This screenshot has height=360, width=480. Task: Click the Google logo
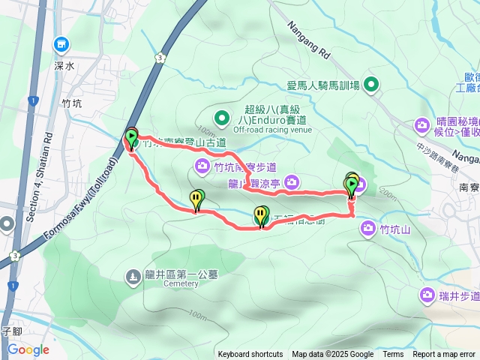coord(28,349)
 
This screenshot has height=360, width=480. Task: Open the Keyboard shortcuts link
coord(250,355)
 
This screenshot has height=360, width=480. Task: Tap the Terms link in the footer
coord(393,355)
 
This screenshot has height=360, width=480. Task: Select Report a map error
coord(445,355)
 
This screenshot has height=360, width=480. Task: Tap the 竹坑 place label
coord(72,104)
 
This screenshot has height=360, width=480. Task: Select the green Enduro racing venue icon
coord(221,118)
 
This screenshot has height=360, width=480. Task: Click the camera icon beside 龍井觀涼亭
coord(292,181)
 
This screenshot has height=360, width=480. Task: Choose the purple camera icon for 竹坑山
coord(367,229)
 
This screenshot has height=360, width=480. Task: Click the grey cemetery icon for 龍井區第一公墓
coord(133,277)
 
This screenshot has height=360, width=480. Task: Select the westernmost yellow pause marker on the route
coord(196,199)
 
